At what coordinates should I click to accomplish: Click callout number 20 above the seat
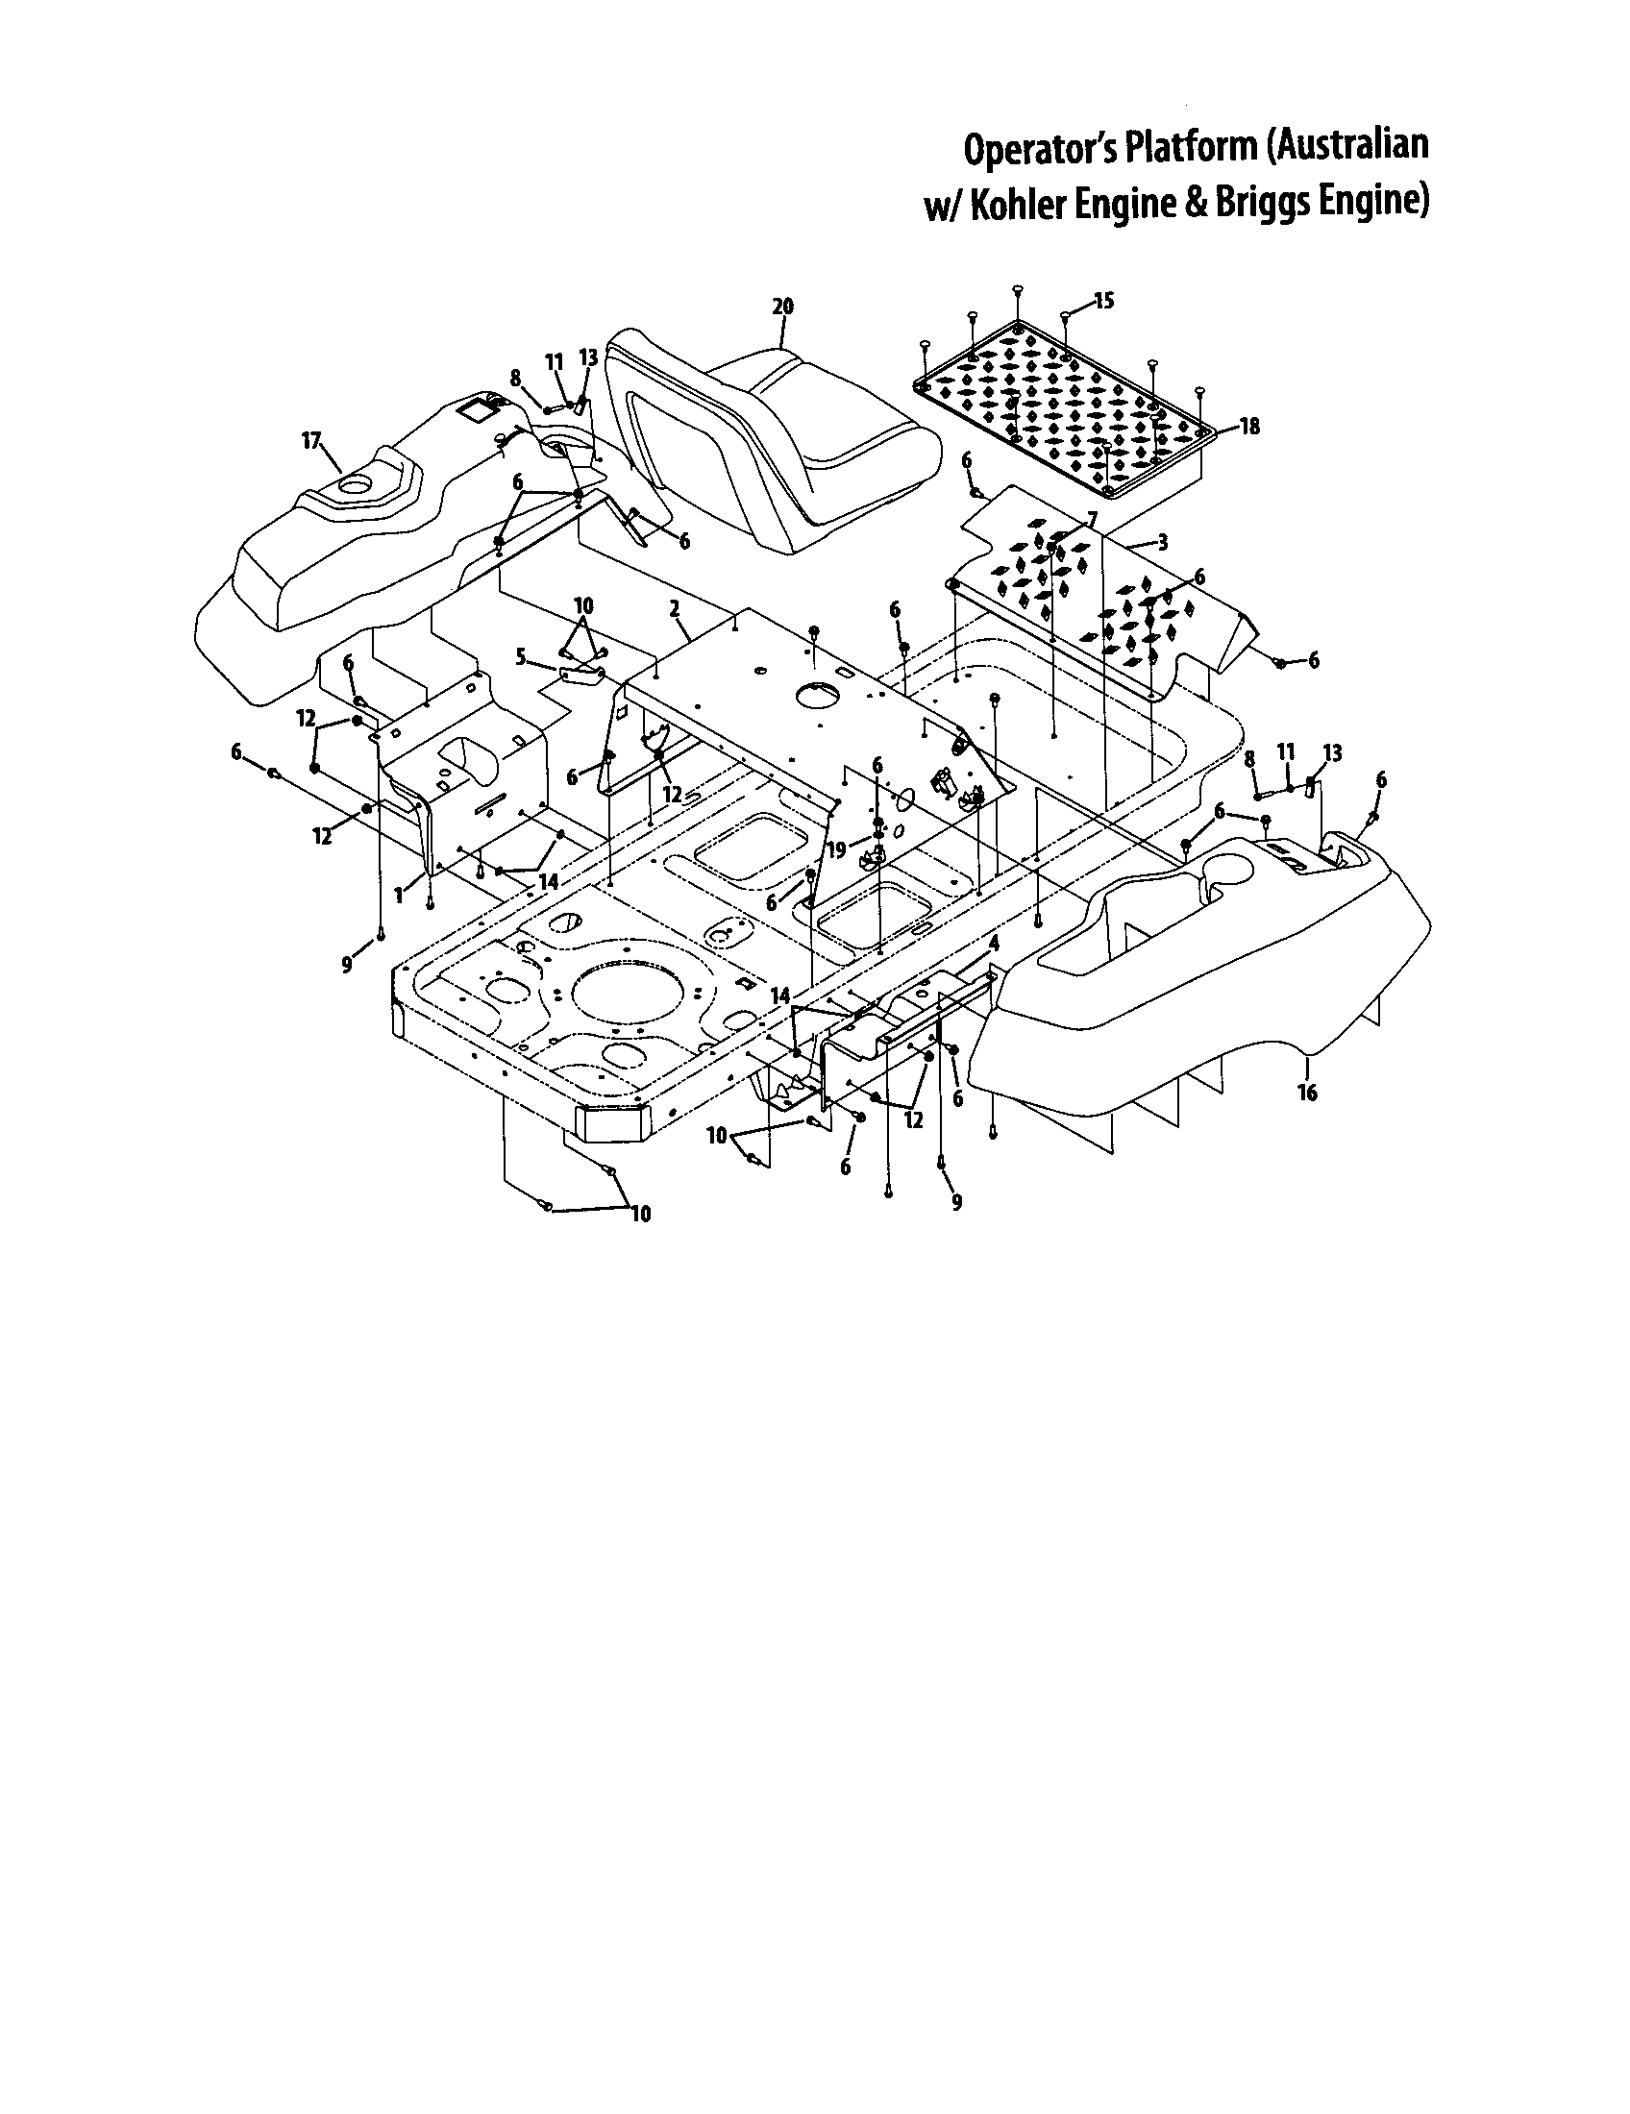[782, 307]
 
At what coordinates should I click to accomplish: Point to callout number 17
[310, 441]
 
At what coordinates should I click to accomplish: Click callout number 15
[1103, 301]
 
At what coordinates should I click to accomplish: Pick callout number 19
[836, 849]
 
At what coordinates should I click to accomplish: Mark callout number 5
[521, 658]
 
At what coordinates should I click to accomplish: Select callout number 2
[674, 608]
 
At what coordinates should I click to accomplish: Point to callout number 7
[1092, 520]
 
